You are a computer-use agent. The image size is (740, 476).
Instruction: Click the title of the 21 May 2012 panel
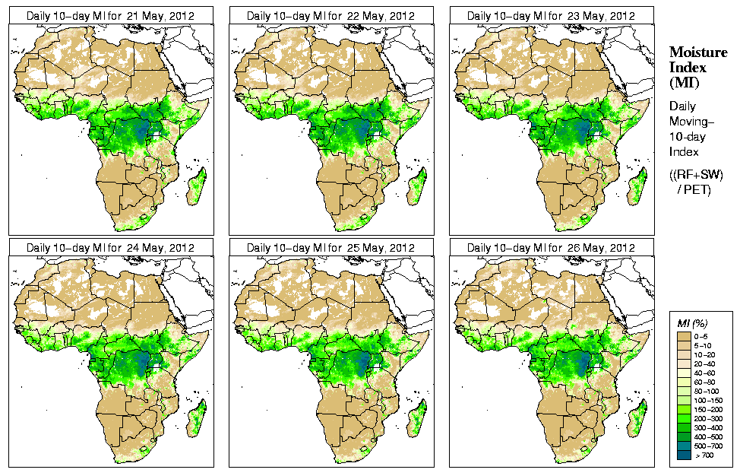point(110,15)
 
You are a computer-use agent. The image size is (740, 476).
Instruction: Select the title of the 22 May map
point(330,15)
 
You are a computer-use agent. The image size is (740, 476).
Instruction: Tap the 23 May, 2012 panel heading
point(551,15)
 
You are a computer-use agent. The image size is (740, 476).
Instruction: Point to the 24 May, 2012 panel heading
point(110,248)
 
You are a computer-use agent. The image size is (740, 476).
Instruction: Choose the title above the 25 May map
point(330,248)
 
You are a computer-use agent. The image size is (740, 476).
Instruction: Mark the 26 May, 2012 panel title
point(551,248)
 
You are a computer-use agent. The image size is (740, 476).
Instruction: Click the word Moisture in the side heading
point(697,52)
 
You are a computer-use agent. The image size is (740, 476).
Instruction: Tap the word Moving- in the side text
point(688,122)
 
